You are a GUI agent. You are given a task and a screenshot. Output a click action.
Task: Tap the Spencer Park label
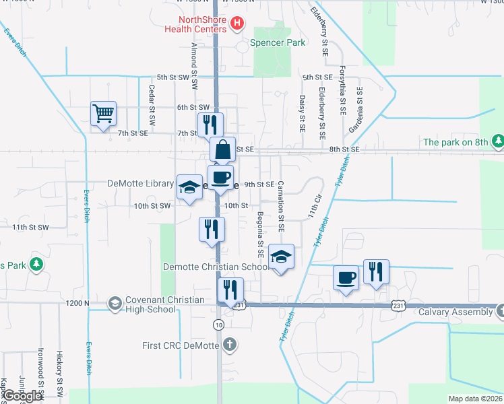278,42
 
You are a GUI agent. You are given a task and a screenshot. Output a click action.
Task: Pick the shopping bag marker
222,149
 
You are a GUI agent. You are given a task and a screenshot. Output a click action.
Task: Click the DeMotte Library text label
140,183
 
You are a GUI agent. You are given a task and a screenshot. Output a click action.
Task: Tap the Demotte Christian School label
216,267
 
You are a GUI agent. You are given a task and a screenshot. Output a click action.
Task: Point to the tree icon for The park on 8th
498,141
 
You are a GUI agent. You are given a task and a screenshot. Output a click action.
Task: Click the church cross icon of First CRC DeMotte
230,345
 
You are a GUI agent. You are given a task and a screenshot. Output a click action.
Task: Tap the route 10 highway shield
218,325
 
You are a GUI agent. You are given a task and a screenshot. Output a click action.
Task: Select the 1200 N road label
78,304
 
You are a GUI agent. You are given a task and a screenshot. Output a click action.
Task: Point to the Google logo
22,396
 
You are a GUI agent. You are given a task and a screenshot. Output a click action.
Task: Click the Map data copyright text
475,399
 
